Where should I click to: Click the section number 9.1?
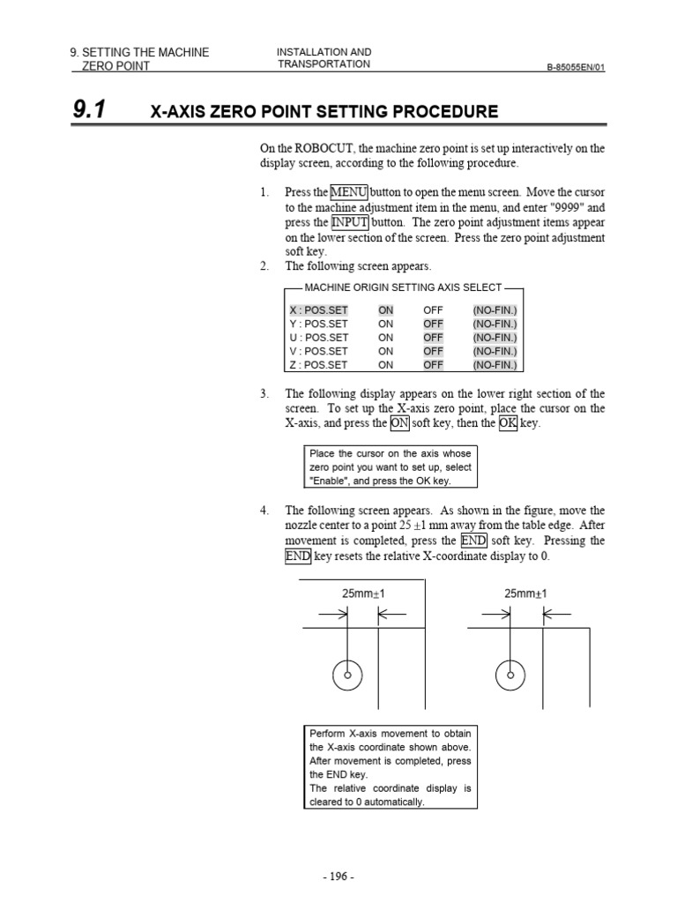point(88,110)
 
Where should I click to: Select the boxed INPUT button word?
point(350,222)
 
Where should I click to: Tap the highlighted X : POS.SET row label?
point(319,310)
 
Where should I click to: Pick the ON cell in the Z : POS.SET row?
point(386,365)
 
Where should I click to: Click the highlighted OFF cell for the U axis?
point(433,337)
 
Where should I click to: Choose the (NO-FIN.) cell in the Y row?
point(495,324)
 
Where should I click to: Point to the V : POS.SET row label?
point(319,351)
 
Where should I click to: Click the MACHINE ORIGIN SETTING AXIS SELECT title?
point(403,287)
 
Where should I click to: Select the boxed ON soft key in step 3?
point(400,423)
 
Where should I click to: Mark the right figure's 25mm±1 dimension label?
point(525,594)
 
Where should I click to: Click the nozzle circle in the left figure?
point(348,675)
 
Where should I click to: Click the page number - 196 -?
point(338,877)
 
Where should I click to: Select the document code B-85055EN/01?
point(577,66)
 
